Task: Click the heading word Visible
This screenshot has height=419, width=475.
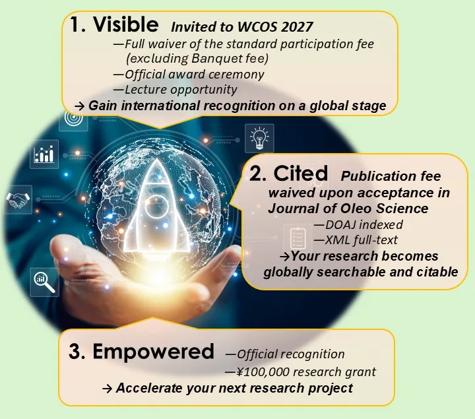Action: pos(125,25)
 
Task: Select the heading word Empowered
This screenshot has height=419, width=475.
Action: pos(152,351)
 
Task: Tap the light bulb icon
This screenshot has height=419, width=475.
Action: pos(258,138)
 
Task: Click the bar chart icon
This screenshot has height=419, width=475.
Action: pos(44,154)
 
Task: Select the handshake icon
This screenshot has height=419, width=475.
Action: pos(18,200)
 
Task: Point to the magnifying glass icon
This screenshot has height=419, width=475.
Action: pos(43,282)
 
